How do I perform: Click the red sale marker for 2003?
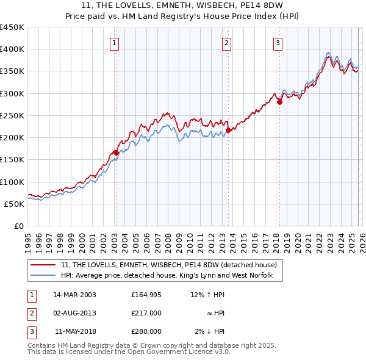(x=115, y=153)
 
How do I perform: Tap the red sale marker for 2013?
(x=228, y=130)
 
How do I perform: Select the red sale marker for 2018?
(x=279, y=103)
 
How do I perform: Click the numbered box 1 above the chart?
(x=115, y=43)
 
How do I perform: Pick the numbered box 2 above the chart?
(x=226, y=43)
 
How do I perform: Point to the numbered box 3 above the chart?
(x=278, y=43)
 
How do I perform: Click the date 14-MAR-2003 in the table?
(x=74, y=295)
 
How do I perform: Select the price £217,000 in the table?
(x=146, y=313)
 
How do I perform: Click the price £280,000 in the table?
(x=146, y=331)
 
